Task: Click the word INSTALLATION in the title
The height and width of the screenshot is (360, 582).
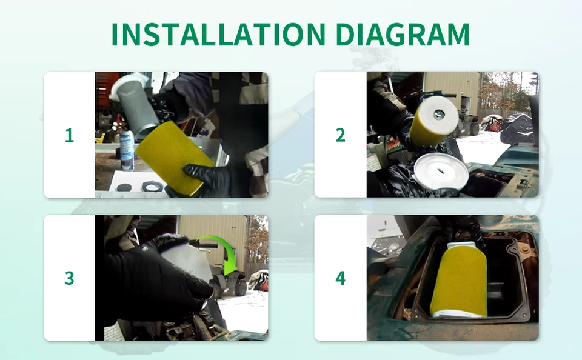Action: pyautogui.click(x=218, y=34)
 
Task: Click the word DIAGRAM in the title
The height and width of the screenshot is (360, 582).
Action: pyautogui.click(x=403, y=34)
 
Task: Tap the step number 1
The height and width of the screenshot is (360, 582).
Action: pyautogui.click(x=69, y=136)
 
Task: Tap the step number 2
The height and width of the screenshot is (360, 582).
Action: pyautogui.click(x=340, y=135)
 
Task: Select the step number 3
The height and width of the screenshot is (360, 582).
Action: pyautogui.click(x=69, y=278)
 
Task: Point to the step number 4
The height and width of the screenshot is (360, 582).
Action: pyautogui.click(x=340, y=278)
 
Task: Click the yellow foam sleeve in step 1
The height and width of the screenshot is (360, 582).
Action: pyautogui.click(x=175, y=156)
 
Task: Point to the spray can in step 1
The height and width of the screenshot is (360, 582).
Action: pyautogui.click(x=127, y=150)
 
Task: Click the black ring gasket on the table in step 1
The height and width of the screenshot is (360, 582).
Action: pyautogui.click(x=153, y=185)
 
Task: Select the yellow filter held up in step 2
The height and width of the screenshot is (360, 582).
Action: pyautogui.click(x=433, y=121)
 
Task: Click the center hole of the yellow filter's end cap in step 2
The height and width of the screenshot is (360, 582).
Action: pyautogui.click(x=439, y=115)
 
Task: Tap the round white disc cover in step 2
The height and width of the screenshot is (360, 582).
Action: pyautogui.click(x=441, y=172)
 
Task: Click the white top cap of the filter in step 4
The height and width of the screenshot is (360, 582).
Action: pyautogui.click(x=462, y=245)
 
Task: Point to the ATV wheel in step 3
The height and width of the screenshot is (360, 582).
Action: pyautogui.click(x=241, y=288)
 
